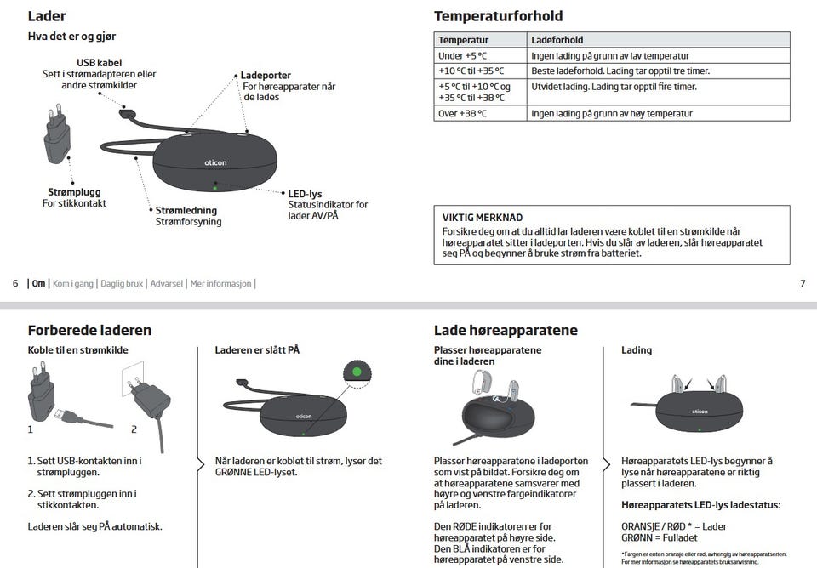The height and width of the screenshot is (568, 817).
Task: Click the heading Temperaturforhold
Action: click(498, 16)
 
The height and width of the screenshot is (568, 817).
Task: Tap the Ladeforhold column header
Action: click(557, 40)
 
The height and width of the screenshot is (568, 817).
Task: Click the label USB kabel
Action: click(99, 63)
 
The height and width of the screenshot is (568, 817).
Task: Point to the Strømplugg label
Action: click(75, 192)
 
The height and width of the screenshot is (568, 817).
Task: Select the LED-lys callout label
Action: click(305, 194)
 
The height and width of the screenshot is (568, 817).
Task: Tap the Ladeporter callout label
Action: click(266, 76)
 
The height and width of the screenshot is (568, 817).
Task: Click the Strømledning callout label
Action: click(186, 210)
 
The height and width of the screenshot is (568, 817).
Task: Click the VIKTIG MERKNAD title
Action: click(483, 218)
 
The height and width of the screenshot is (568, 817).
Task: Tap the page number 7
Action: click(803, 283)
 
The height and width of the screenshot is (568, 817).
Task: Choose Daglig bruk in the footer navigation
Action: click(123, 283)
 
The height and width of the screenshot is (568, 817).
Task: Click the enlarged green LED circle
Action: click(357, 372)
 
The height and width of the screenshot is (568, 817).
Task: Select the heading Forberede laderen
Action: click(89, 330)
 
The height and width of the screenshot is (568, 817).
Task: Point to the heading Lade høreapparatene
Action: click(506, 330)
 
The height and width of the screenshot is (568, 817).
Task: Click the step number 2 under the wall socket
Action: click(134, 429)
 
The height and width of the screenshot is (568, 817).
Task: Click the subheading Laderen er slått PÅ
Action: click(257, 349)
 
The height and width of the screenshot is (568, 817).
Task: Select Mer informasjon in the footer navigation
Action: click(220, 283)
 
